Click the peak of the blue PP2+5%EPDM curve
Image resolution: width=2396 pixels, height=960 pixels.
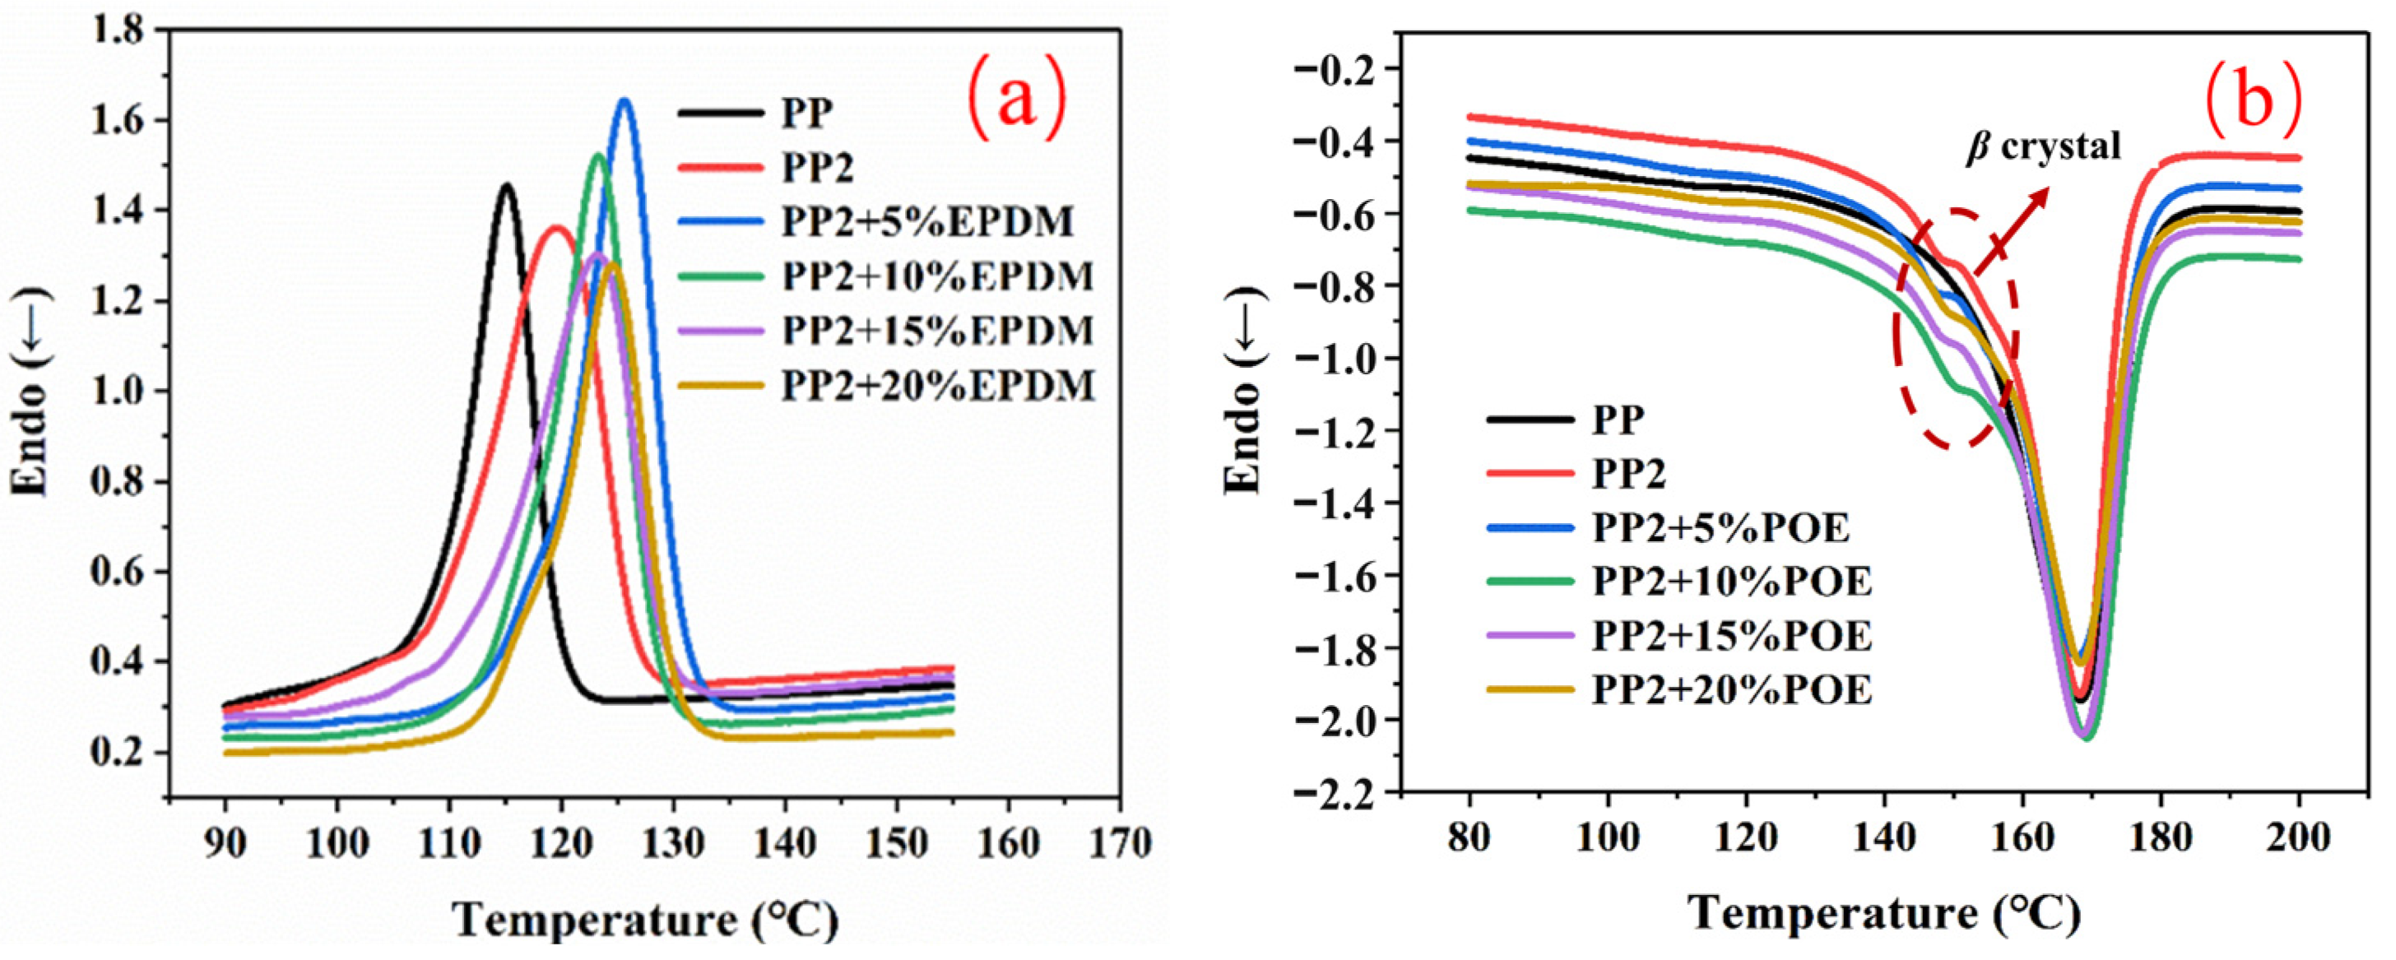click(x=625, y=101)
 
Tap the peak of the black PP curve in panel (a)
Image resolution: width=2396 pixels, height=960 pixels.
click(x=507, y=186)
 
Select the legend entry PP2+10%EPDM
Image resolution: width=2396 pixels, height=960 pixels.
click(x=936, y=276)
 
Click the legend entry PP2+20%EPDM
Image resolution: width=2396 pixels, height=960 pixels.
click(x=936, y=385)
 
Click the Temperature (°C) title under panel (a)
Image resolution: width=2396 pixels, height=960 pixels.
click(x=646, y=921)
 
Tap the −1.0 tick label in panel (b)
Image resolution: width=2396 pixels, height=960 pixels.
click(x=1335, y=358)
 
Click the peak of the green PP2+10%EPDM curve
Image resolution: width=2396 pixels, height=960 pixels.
click(x=598, y=155)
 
